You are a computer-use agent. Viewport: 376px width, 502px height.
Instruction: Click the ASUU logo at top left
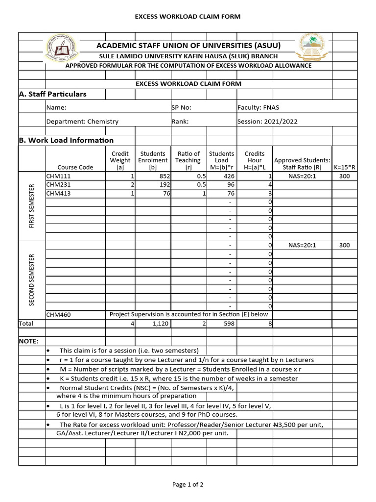63,47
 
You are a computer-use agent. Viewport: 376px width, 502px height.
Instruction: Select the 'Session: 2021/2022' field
267,122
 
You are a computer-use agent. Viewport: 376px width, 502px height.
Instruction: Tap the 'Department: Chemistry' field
82,122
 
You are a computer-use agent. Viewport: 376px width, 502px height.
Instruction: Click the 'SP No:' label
181,107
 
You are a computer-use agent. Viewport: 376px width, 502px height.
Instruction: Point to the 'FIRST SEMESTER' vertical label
32,206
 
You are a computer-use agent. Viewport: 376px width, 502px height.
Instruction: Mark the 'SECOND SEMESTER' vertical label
32,279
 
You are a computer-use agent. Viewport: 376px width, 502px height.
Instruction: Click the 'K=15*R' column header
344,167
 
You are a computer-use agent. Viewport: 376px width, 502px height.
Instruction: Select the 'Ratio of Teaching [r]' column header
188,160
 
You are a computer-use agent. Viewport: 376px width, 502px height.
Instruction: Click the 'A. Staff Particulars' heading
52,94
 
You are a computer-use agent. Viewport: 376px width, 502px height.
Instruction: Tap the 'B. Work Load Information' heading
66,140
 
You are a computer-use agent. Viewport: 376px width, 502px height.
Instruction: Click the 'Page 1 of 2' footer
188,485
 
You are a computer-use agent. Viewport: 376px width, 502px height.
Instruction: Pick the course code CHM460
58,315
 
